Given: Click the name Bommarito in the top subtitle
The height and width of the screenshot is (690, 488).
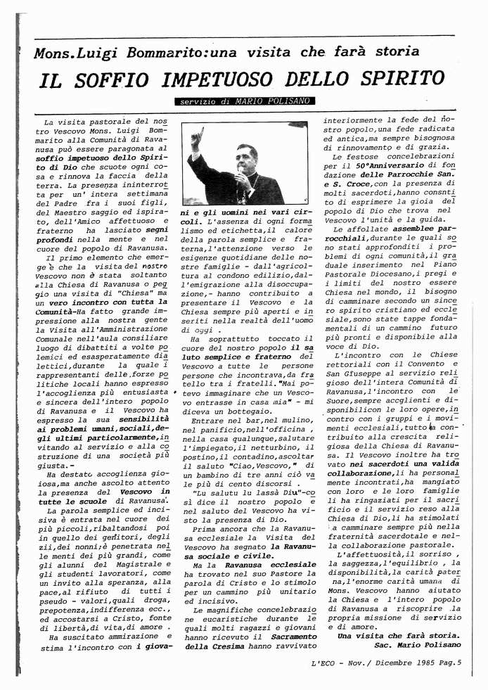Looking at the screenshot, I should (166, 53).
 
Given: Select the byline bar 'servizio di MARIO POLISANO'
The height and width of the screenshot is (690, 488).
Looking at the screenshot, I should (241, 103).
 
